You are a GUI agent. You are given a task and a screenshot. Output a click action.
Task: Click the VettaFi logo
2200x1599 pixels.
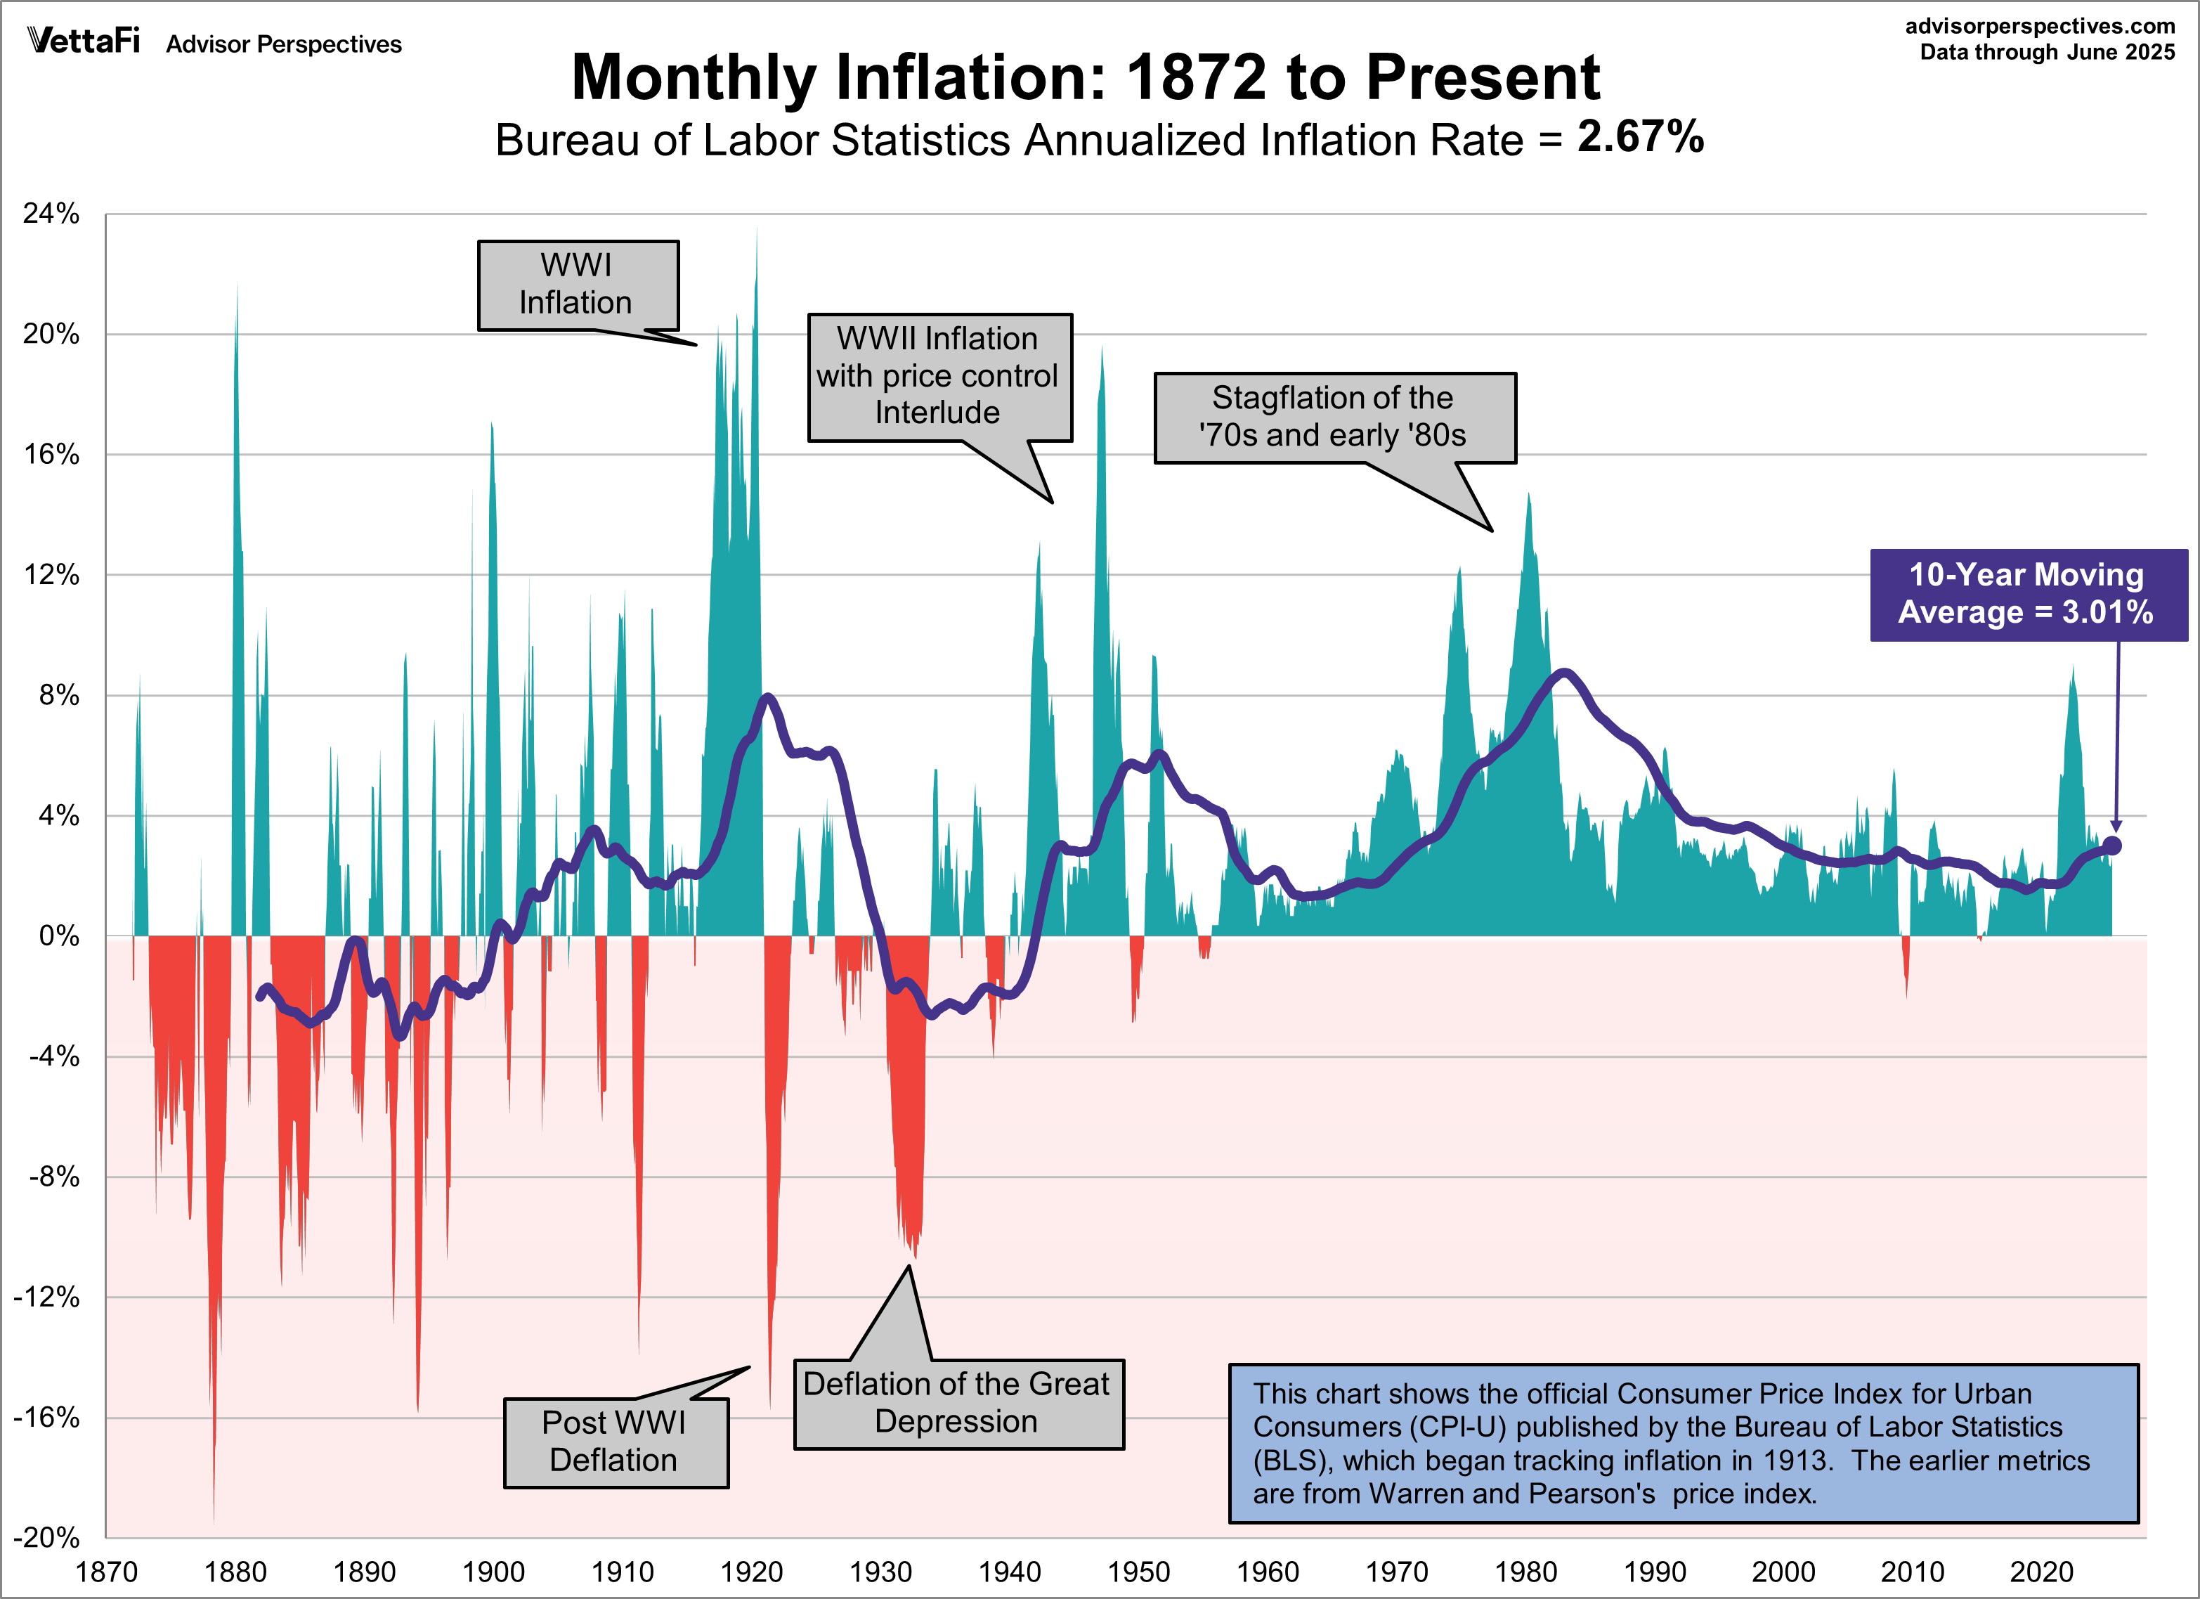[84, 41]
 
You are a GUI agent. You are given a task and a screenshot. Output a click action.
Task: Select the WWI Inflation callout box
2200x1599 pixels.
[578, 285]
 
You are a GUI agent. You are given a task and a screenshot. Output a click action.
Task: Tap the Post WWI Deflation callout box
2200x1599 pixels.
[615, 1442]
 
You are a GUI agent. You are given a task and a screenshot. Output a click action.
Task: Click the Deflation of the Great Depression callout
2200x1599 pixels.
[958, 1403]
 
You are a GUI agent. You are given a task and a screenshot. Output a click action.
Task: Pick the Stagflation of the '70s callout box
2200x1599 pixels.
[1334, 417]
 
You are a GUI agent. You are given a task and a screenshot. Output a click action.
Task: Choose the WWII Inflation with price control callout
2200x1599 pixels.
[939, 377]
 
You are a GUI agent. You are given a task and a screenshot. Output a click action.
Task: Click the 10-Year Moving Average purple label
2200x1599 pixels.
[2027, 594]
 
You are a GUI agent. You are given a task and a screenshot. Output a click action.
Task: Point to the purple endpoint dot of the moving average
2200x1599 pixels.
[2111, 845]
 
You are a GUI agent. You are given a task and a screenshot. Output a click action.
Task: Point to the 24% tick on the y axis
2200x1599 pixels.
[51, 214]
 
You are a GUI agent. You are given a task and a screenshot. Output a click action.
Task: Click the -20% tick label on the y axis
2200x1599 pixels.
[46, 1537]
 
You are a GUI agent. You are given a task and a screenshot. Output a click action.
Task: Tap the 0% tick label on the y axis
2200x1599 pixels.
[58, 936]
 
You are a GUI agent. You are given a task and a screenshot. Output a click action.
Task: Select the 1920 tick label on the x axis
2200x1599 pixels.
[752, 1572]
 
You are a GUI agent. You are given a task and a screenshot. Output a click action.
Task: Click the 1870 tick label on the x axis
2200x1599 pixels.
[107, 1572]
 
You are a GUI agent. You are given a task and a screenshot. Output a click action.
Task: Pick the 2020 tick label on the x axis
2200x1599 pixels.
[2041, 1572]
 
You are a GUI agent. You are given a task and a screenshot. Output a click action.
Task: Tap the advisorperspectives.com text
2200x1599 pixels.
[2039, 26]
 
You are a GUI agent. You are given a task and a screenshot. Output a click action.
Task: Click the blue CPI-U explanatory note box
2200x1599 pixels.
[1683, 1443]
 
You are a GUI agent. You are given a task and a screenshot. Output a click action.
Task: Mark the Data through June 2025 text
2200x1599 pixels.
[2047, 53]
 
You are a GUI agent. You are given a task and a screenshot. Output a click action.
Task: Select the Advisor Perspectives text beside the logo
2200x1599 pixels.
[283, 45]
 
